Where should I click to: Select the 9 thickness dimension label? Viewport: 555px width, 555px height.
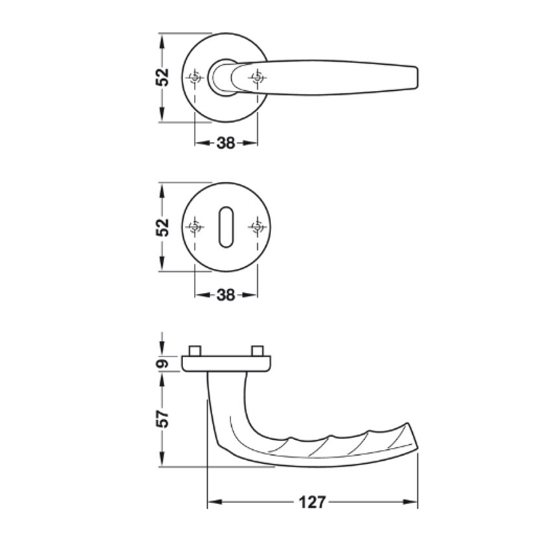pyautogui.click(x=162, y=364)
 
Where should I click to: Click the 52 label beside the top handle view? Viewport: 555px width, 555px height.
pyautogui.click(x=162, y=77)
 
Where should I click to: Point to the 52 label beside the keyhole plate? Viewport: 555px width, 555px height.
pyautogui.click(x=162, y=227)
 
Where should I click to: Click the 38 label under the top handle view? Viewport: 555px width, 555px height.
pyautogui.click(x=226, y=143)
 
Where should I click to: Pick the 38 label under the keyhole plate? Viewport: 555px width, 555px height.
pyautogui.click(x=226, y=295)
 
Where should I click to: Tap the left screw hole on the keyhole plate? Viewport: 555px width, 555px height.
pyautogui.click(x=195, y=227)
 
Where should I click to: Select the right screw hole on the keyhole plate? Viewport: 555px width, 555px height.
pyautogui.click(x=257, y=227)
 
